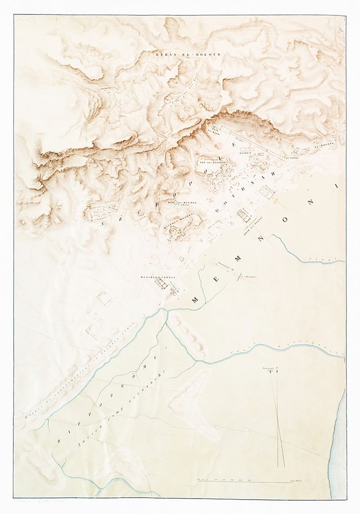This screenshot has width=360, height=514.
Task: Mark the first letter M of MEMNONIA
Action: pos(197,299)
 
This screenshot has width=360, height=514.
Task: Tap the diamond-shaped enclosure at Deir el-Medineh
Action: pos(175,204)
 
